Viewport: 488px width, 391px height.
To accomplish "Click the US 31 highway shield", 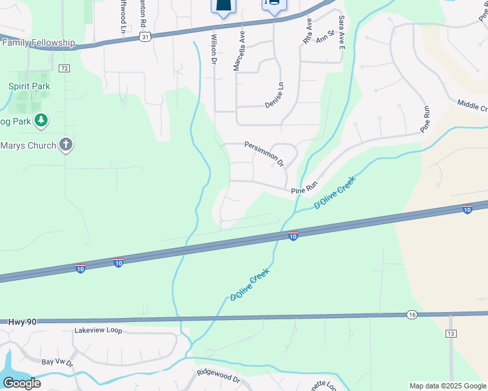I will (146, 37).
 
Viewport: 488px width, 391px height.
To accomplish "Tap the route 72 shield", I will (63, 68).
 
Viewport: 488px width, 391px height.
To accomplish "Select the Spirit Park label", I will (29, 86).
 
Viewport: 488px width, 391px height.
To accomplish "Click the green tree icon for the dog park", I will (40, 120).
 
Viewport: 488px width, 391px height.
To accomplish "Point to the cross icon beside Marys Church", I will (65, 145).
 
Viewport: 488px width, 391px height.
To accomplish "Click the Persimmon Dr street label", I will (265, 152).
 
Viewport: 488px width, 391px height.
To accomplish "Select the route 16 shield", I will (410, 314).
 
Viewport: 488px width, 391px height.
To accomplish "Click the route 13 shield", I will (451, 334).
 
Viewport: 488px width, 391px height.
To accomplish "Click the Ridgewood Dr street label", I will (219, 377).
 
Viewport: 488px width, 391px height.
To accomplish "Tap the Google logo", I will (22, 383).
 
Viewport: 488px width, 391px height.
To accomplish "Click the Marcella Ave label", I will (239, 52).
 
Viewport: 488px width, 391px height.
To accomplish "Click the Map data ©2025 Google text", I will (448, 386).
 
